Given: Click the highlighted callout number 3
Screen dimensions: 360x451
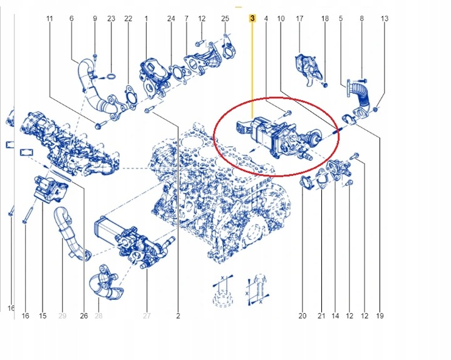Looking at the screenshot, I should [x=252, y=19].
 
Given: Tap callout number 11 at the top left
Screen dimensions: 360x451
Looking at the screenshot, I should [x=49, y=19].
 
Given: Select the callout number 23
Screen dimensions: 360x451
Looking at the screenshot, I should [x=111, y=19].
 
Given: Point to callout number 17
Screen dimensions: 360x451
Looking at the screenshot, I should [x=299, y=19].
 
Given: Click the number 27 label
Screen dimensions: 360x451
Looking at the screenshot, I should [x=147, y=316].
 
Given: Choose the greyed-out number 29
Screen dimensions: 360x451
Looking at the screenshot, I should [x=62, y=316].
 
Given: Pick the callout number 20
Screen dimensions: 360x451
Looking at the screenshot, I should [x=302, y=316].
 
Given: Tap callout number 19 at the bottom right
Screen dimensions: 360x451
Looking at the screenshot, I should [x=379, y=316].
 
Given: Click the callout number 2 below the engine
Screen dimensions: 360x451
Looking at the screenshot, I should [x=178, y=316].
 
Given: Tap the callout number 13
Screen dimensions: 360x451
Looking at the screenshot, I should [x=384, y=19].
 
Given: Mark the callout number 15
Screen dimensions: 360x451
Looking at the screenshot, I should [x=43, y=316].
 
